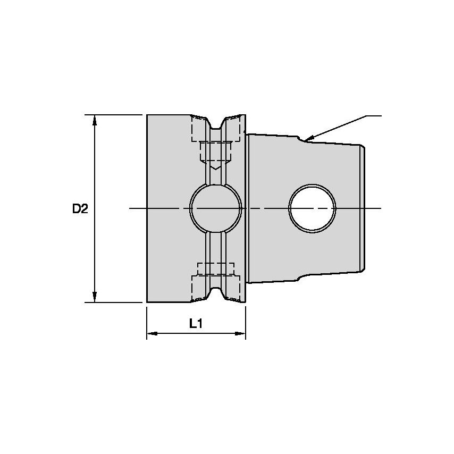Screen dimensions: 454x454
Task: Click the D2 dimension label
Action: pyautogui.click(x=80, y=209)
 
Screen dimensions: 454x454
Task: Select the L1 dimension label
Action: pyautogui.click(x=196, y=323)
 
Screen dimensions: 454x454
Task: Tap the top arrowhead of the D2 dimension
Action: pyautogui.click(x=95, y=120)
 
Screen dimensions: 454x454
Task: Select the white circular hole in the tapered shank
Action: pyautogui.click(x=313, y=208)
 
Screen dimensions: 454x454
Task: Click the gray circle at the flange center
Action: pyautogui.click(x=216, y=208)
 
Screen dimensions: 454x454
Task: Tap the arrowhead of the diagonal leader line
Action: pyautogui.click(x=308, y=139)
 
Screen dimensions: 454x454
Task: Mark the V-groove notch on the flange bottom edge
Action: pyautogui.click(x=216, y=292)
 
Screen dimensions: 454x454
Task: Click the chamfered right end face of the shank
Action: pyautogui.click(x=364, y=208)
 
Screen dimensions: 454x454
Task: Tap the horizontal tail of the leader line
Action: pyautogui.click(x=374, y=115)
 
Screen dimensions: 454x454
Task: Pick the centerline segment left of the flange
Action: pyautogui.click(x=138, y=208)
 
